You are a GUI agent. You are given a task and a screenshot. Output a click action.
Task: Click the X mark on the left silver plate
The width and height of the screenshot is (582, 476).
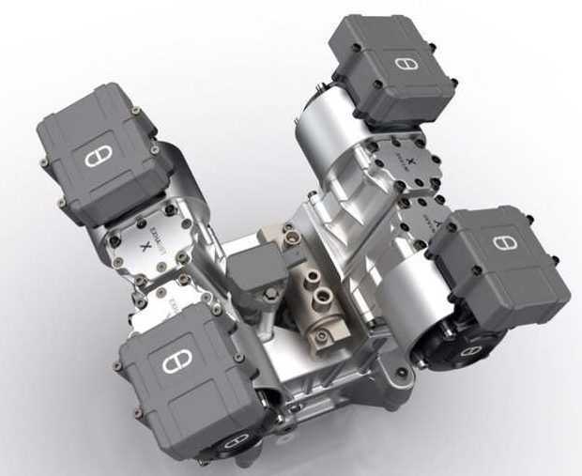pos(143,247)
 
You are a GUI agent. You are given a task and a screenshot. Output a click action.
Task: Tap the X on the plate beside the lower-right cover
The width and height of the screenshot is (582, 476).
pos(424,219)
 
